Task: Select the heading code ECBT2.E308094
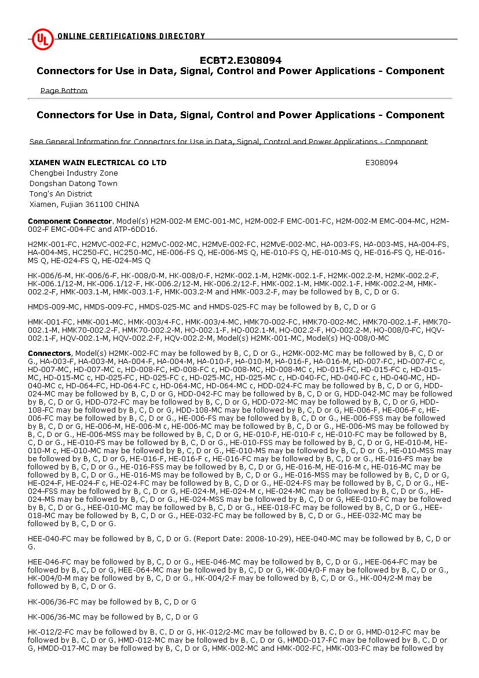[240, 60]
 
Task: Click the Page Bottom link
[64, 90]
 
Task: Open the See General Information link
[228, 141]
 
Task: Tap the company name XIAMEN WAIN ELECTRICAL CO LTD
[98, 163]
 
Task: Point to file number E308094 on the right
[382, 163]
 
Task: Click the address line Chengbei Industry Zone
[74, 173]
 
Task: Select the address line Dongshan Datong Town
[74, 184]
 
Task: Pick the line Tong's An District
[61, 194]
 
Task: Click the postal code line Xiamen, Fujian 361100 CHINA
[84, 205]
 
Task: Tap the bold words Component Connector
[70, 221]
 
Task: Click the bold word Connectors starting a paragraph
[49, 353]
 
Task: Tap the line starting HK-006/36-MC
[113, 617]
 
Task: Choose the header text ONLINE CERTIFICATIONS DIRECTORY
[131, 36]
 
